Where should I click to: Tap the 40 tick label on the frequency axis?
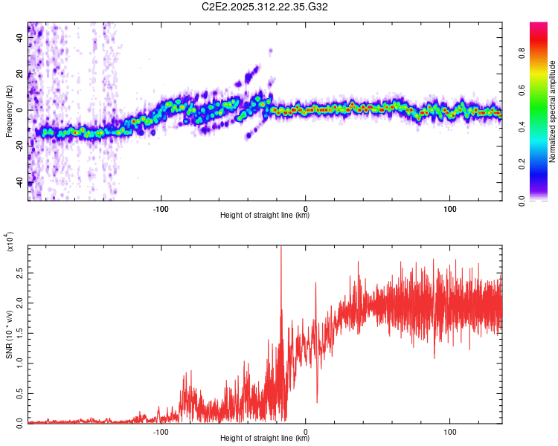tap(20, 39)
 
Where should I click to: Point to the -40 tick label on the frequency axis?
tap(19, 182)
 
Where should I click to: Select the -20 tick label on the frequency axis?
tap(19, 146)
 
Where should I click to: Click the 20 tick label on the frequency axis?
tap(20, 74)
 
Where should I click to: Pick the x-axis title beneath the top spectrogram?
tap(265, 216)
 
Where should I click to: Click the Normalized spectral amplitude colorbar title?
tap(553, 111)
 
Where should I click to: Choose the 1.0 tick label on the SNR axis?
tap(19, 363)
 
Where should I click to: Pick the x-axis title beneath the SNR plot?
tap(265, 439)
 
